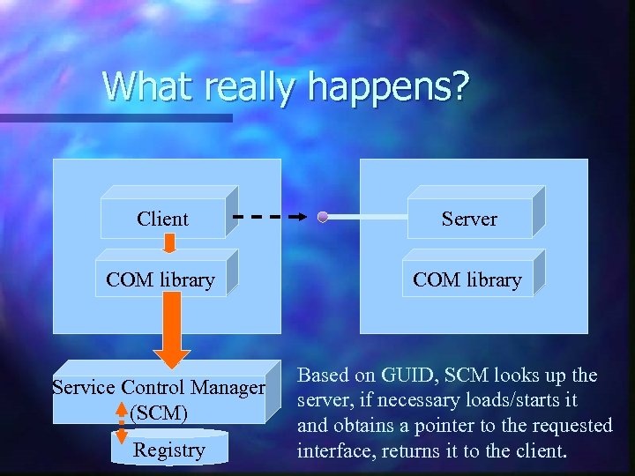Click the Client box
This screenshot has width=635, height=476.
[x=163, y=219]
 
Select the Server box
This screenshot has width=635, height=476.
[x=469, y=219]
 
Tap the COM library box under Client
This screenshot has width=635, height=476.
[x=161, y=280]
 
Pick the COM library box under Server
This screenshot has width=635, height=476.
[x=467, y=280]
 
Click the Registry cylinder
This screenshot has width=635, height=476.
[x=168, y=450]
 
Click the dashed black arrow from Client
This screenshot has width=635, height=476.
[x=269, y=216]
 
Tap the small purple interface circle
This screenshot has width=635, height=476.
[x=323, y=217]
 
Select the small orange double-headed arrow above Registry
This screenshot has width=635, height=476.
[x=122, y=422]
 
